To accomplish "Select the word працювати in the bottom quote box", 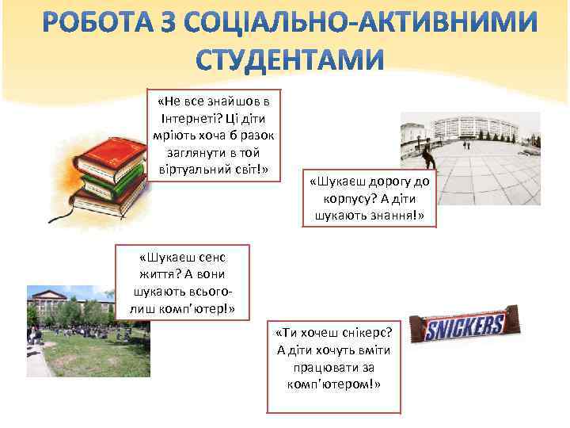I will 322,367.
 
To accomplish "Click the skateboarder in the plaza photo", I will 427,156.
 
